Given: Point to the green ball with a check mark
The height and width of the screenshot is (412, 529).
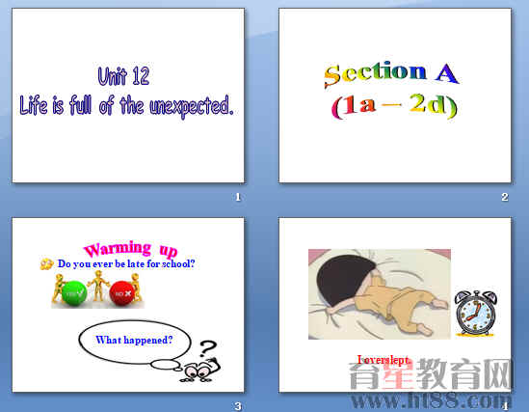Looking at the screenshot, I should (72, 290).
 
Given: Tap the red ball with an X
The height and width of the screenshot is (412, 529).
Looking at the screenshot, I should (121, 290).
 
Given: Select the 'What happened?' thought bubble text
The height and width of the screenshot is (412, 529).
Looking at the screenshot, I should (134, 340).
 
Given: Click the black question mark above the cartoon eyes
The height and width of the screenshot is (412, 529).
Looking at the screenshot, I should (208, 348).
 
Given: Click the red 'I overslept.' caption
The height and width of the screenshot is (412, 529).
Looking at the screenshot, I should (384, 360).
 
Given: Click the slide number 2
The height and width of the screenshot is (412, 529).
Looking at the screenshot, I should (504, 198).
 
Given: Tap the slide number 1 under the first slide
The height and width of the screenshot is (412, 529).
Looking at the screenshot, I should (237, 198).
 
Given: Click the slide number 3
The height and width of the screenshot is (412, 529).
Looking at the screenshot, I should (237, 406).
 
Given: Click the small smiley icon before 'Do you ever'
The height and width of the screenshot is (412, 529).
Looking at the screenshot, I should (46, 263).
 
